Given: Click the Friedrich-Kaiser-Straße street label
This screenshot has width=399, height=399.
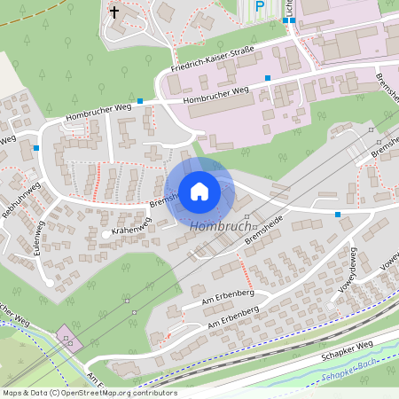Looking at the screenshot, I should tap(212, 64).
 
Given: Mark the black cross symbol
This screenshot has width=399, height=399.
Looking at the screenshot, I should tap(114, 12).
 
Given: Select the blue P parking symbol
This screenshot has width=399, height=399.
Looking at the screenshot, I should tap(260, 7).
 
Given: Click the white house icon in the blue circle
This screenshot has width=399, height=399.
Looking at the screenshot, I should tap(199, 191).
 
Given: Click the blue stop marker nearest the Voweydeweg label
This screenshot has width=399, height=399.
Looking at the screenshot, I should tap(338, 215).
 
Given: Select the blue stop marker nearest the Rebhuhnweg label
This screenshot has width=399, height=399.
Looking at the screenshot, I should tap(35, 147).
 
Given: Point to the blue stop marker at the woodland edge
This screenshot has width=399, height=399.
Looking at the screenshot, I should tap(140, 102).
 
